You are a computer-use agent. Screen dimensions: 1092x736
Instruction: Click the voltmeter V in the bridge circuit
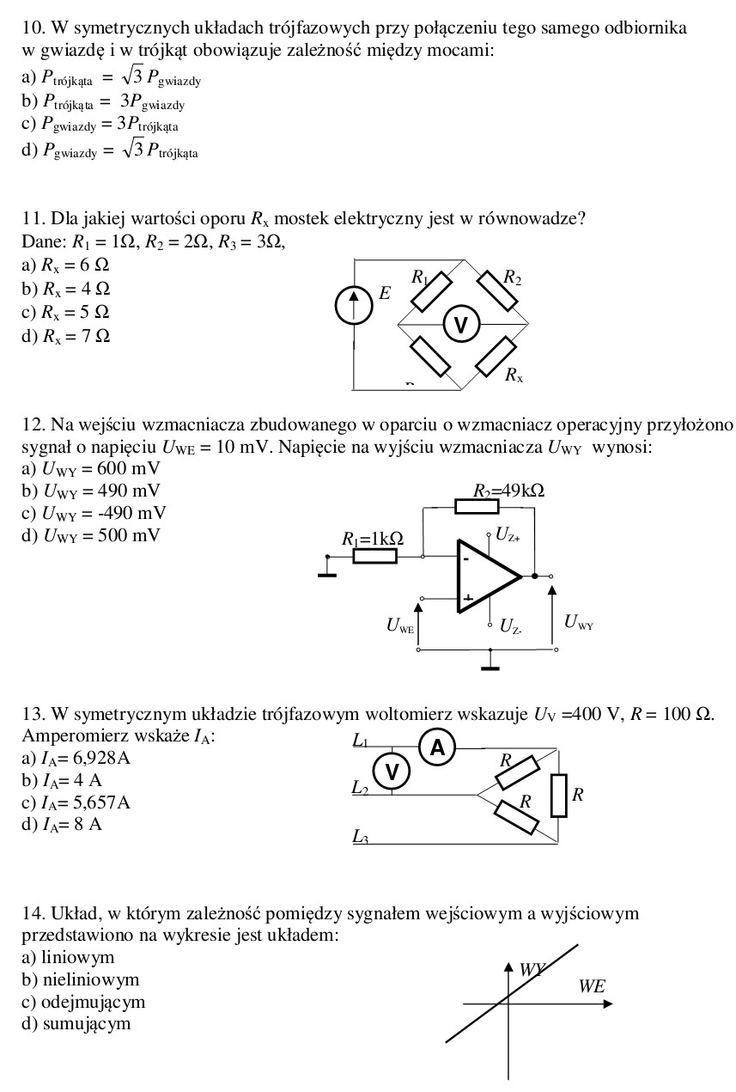461,325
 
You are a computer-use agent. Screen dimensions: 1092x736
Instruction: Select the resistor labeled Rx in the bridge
496,357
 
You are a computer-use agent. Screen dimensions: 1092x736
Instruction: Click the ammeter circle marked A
437,748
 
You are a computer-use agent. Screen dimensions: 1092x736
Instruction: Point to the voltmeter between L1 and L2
392,772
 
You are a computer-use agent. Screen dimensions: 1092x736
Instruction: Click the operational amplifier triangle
487,577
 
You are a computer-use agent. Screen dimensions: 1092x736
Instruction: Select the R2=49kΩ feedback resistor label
508,491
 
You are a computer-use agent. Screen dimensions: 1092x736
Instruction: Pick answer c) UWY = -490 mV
93,513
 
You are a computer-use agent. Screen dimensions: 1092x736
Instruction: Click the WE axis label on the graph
592,986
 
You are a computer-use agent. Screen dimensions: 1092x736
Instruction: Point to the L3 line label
361,836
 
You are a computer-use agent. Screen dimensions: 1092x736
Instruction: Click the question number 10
32,27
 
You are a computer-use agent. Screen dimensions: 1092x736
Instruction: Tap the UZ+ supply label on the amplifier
508,534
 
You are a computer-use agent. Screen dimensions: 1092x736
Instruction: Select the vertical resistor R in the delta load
559,796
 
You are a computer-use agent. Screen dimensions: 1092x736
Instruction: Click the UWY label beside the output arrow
578,622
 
